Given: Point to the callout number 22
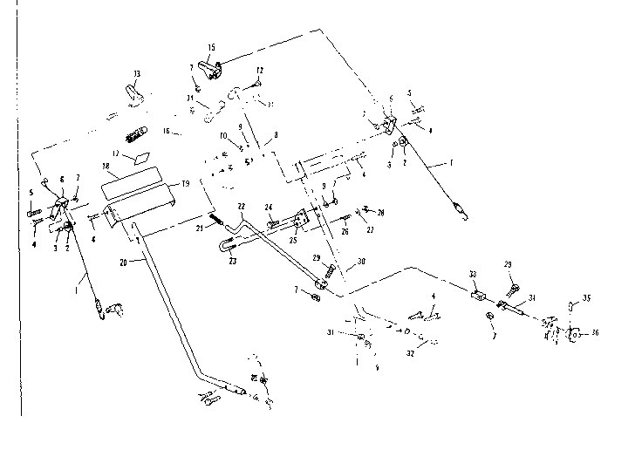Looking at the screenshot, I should point(242,205).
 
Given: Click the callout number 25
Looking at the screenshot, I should point(293,240).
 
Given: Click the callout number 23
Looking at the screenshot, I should point(233,260).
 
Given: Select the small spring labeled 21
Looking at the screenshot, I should point(213,217).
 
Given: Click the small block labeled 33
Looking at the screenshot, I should point(477,295).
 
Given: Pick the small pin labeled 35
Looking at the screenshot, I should point(571,304).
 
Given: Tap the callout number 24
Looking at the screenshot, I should point(270,208).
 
